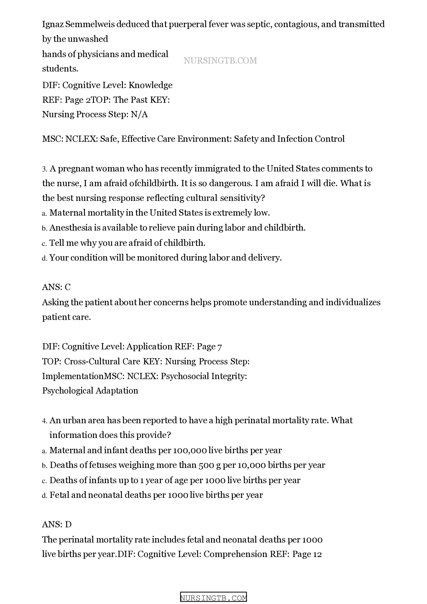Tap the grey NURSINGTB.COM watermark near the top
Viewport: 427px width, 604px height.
(x=220, y=60)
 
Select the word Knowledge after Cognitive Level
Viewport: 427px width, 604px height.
(x=150, y=85)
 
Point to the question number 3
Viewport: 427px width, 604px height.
(x=44, y=169)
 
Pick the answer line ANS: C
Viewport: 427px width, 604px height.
(x=56, y=287)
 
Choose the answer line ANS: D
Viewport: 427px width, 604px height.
(x=57, y=524)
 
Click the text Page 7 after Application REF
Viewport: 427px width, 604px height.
(x=209, y=347)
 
